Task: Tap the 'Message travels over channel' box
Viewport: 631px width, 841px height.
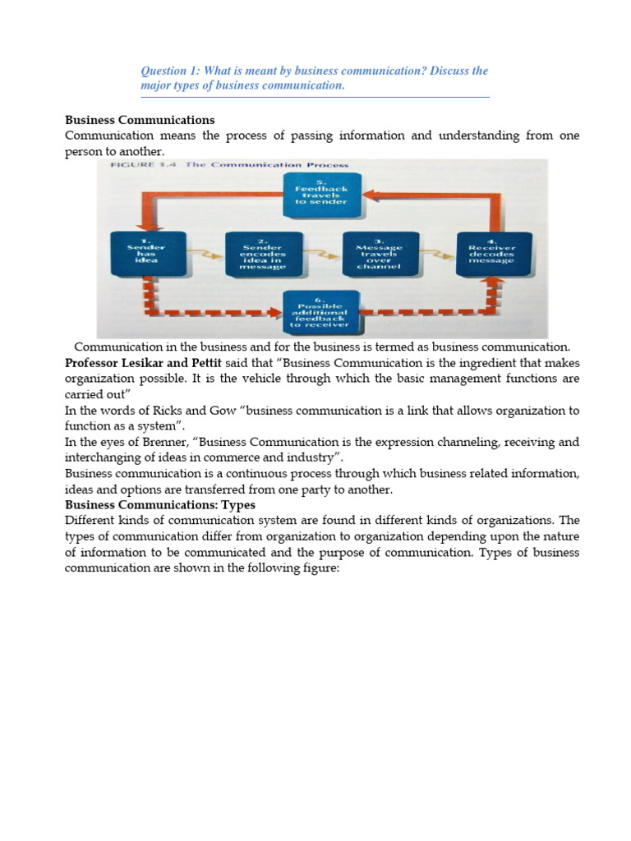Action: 379,255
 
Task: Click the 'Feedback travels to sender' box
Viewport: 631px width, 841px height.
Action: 322,196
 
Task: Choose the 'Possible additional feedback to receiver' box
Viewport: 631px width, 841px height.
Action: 322,313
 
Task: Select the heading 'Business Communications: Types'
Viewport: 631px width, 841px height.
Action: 160,504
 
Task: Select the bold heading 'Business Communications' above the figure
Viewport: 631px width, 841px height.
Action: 140,120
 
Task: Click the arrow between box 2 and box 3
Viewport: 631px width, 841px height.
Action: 321,255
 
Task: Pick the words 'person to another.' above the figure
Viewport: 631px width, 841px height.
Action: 114,151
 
